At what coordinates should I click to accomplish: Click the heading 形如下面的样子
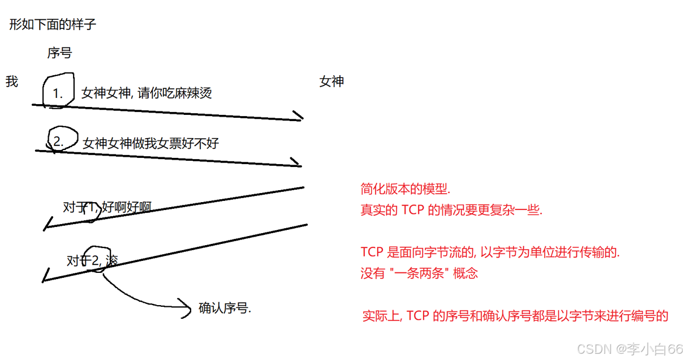click(x=53, y=25)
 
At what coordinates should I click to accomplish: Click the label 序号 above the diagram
click(x=59, y=53)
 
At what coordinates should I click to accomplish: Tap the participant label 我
click(x=12, y=82)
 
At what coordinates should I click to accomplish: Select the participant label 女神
click(x=331, y=82)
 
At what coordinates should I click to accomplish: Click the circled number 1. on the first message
click(x=58, y=93)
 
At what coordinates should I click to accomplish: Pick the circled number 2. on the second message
click(x=58, y=142)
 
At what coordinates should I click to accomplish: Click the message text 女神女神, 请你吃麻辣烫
click(x=147, y=93)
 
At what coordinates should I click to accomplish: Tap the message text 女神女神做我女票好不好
click(x=150, y=143)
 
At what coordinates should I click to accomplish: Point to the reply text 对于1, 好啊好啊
click(x=107, y=208)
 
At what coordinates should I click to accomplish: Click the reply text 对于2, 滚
click(x=92, y=260)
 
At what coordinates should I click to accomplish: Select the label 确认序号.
click(x=225, y=308)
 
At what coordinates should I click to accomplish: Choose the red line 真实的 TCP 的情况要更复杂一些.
click(x=451, y=210)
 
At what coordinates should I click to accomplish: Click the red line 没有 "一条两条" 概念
click(x=419, y=273)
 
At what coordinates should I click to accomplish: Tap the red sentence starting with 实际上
click(x=515, y=316)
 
